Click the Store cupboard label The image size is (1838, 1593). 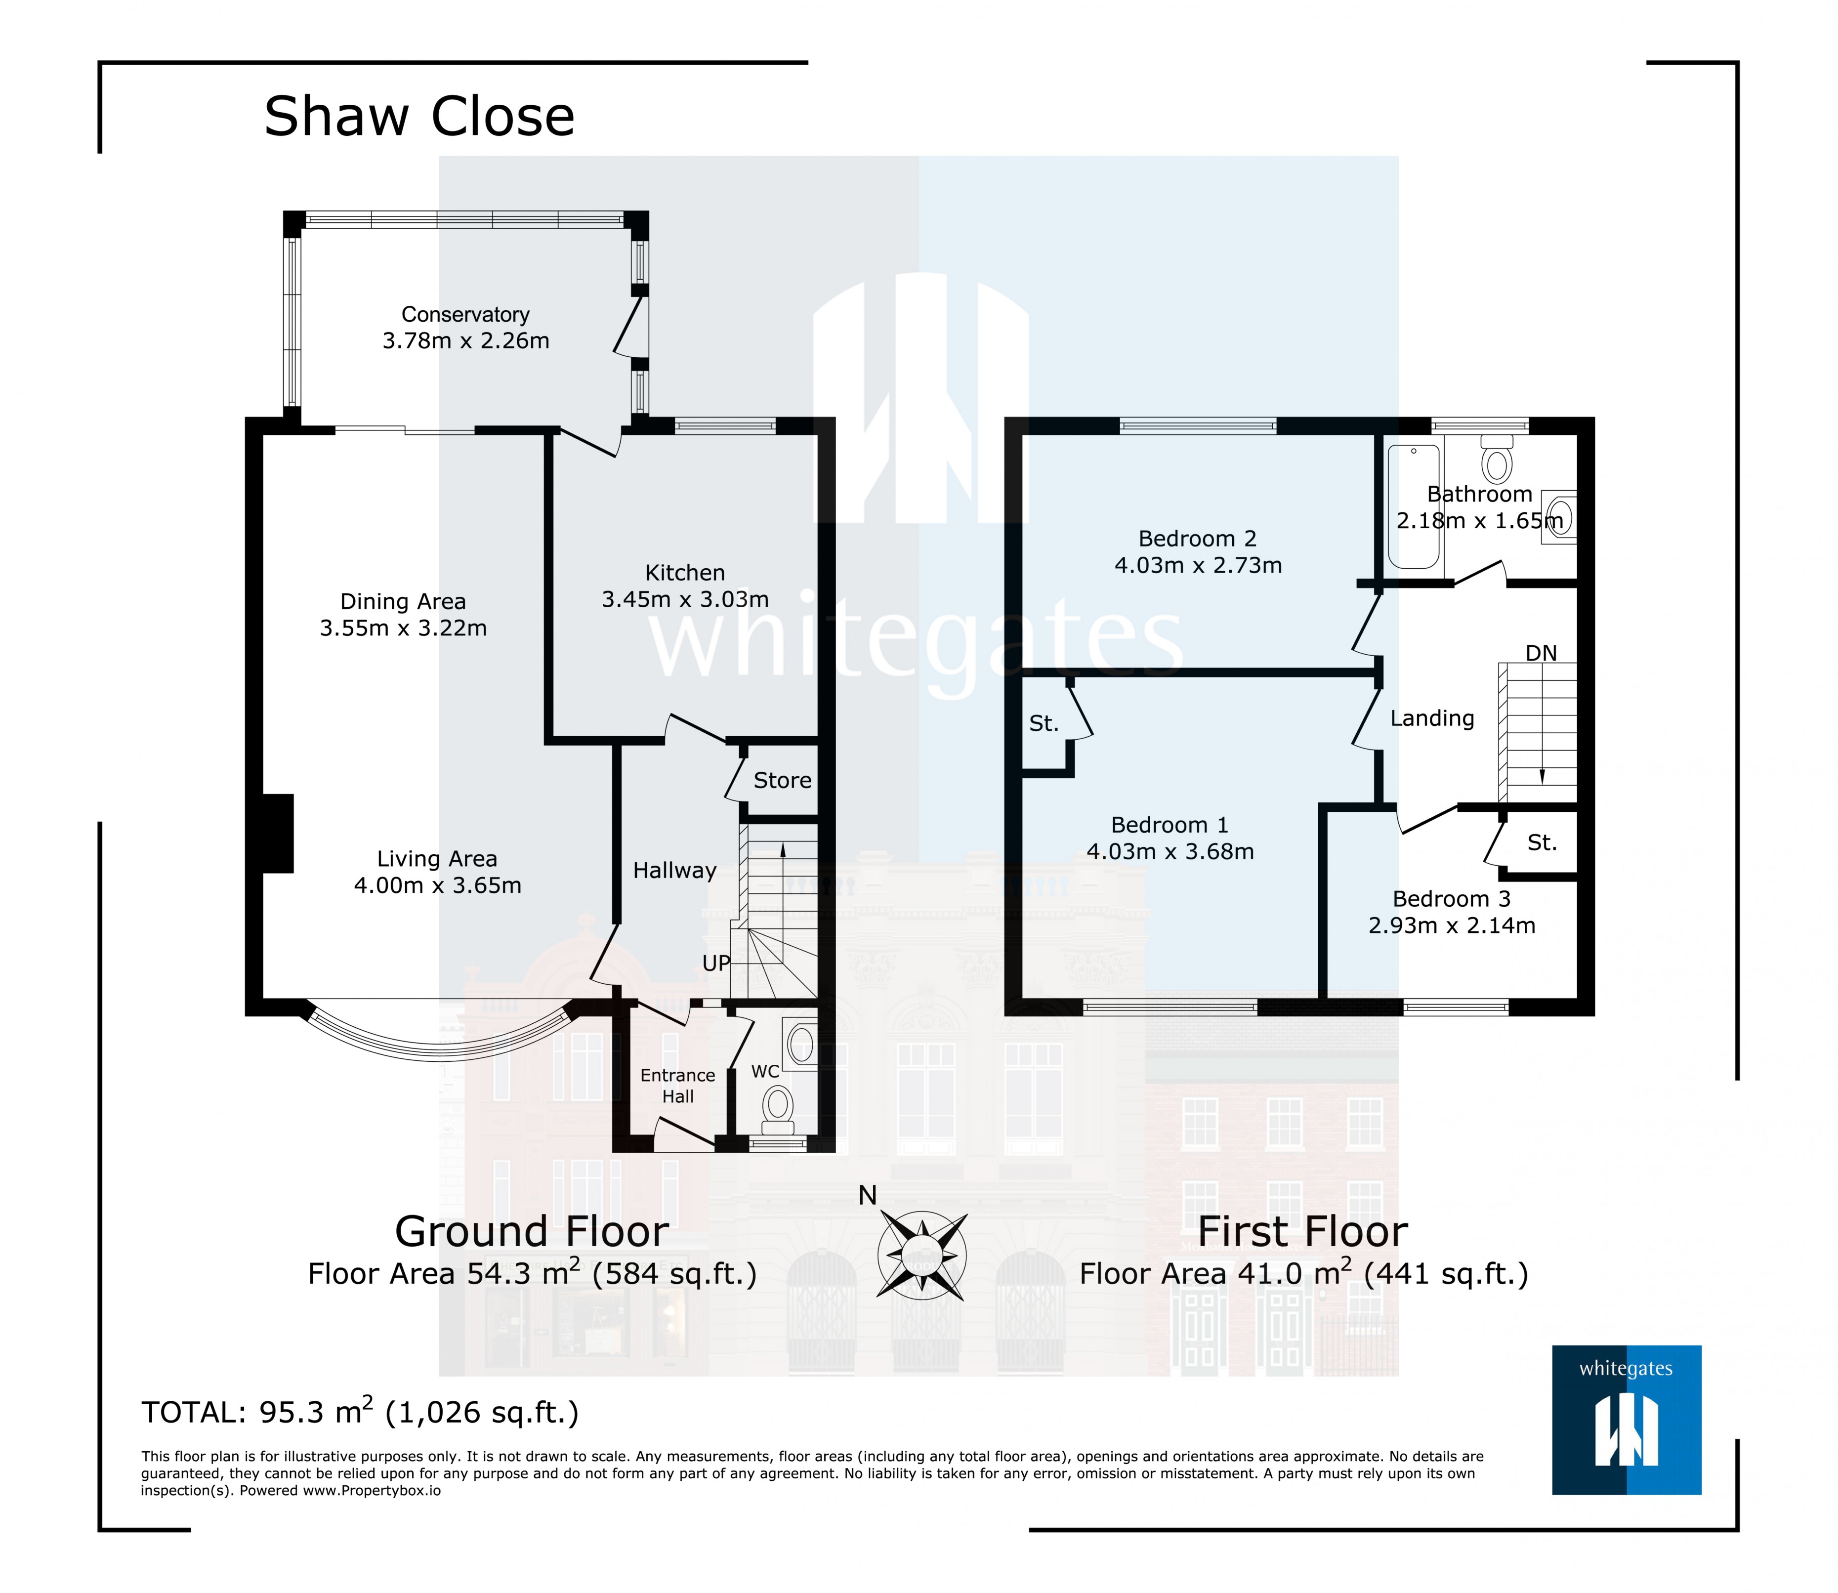[x=782, y=781]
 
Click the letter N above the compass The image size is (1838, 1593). [x=868, y=1196]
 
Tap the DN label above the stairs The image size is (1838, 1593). [x=1541, y=653]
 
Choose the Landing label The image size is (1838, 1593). [x=1432, y=718]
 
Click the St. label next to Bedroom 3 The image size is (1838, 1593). [x=1542, y=843]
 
